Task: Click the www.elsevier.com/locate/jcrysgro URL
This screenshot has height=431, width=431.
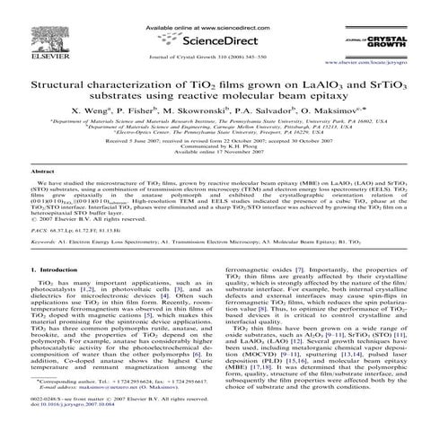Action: [367, 65]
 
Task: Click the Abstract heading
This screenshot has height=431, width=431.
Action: [40, 170]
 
